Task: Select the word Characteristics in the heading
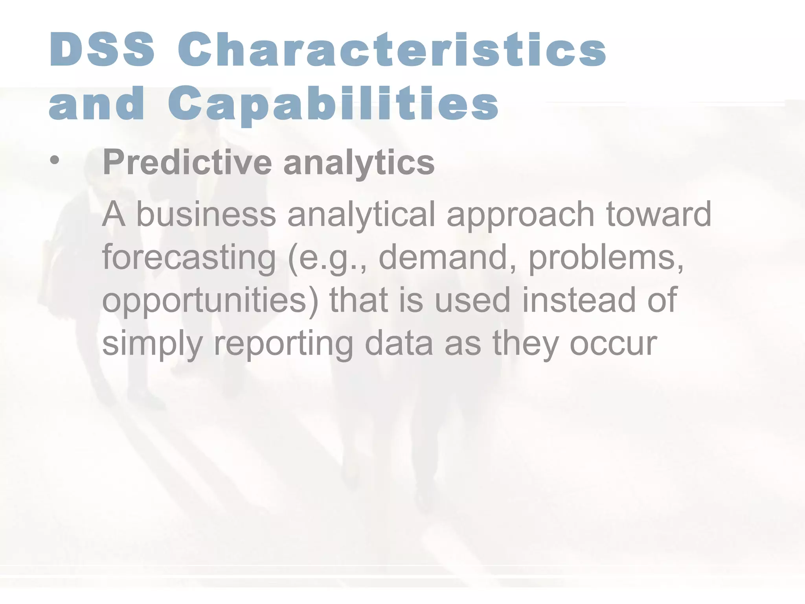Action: pyautogui.click(x=392, y=50)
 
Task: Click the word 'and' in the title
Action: pyautogui.click(x=97, y=104)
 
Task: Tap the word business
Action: pyautogui.click(x=206, y=214)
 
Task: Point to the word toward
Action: pyautogui.click(x=658, y=214)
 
